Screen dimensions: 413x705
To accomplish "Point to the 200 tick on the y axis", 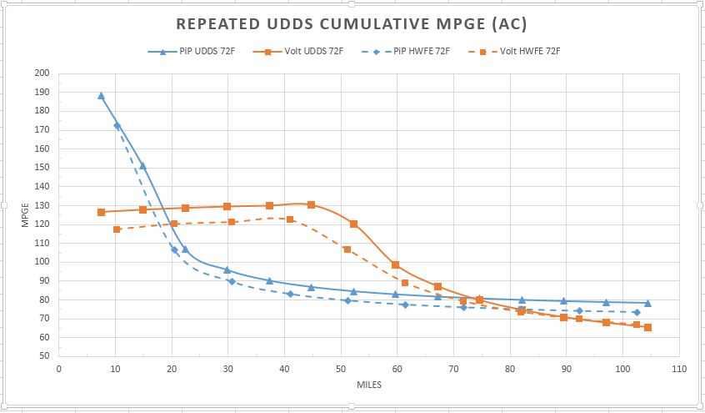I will pyautogui.click(x=42, y=73).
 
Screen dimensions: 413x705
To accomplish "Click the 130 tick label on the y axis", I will pyautogui.click(x=42, y=205).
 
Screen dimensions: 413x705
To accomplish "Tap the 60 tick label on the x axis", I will pyautogui.click(x=397, y=367).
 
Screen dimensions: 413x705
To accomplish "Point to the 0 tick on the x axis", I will pyautogui.click(x=58, y=367).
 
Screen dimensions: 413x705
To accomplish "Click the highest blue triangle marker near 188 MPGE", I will pyautogui.click(x=101, y=96).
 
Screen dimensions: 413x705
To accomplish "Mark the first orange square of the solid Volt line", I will pyautogui.click(x=101, y=212).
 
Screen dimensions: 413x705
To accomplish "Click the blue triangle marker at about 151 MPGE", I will pyautogui.click(x=142, y=166).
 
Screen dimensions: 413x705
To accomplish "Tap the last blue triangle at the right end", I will pyautogui.click(x=647, y=303).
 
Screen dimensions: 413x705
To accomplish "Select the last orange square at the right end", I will pyautogui.click(x=647, y=327).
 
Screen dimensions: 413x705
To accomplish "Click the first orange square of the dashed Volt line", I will pyautogui.click(x=117, y=229).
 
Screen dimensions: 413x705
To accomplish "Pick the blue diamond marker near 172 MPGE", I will pyautogui.click(x=117, y=125).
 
